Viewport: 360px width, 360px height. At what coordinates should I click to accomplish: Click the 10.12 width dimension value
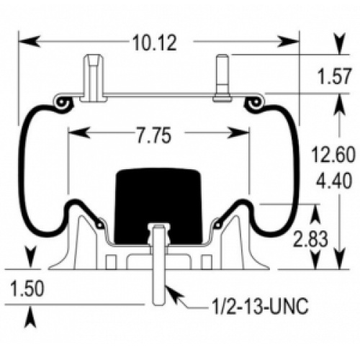[x=155, y=43]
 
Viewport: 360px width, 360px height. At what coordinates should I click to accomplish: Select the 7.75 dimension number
[x=154, y=135]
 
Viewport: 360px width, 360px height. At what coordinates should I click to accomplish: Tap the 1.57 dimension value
[x=335, y=76]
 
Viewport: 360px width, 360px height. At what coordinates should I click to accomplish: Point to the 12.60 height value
[x=333, y=155]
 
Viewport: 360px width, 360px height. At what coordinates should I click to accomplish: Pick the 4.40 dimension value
[x=334, y=181]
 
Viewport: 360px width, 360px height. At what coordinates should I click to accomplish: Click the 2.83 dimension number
[x=310, y=239]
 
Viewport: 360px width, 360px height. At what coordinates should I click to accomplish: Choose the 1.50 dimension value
[x=27, y=289]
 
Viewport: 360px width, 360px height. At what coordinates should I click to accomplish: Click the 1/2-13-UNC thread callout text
[x=260, y=307]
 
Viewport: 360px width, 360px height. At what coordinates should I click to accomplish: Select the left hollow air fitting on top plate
[x=94, y=78]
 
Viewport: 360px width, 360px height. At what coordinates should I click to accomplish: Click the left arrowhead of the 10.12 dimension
[x=29, y=41]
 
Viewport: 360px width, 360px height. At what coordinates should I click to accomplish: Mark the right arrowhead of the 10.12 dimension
[x=289, y=41]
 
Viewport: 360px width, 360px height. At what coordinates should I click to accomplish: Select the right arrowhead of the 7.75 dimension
[x=238, y=132]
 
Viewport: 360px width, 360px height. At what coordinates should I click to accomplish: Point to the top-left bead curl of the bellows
[x=62, y=103]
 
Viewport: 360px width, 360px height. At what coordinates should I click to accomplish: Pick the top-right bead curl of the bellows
[x=254, y=103]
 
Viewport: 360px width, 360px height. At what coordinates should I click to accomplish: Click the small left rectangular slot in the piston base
[x=111, y=262]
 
